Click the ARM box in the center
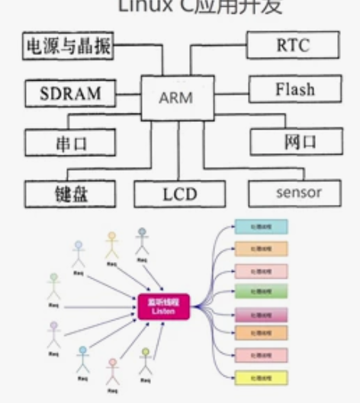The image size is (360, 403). point(175,98)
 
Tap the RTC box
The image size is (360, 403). point(292,46)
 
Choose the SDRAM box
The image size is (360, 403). point(69,94)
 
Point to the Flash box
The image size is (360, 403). point(294,91)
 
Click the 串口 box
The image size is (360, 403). point(69,142)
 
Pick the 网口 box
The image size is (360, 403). point(294,142)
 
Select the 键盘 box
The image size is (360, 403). point(69,193)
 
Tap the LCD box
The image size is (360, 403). point(179,193)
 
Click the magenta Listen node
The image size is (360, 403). point(162,306)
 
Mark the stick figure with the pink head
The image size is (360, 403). point(113,372)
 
